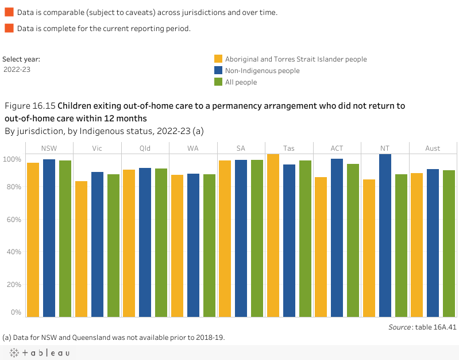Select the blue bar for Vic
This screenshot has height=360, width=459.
[x=97, y=244]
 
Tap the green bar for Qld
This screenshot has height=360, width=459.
[x=161, y=242]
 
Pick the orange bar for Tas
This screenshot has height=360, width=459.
[x=273, y=235]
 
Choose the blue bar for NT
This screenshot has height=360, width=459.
[x=385, y=235]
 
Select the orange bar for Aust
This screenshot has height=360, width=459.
[x=417, y=244]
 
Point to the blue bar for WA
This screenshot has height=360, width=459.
[x=194, y=245]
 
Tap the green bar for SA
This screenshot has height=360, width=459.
[x=257, y=238]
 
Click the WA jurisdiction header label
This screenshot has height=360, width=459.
[x=193, y=148]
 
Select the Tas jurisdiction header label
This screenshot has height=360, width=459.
[x=289, y=148]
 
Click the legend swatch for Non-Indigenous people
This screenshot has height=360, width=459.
[x=218, y=71]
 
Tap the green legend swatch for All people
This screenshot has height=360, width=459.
[x=218, y=82]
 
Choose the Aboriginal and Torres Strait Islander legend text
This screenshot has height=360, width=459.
[x=296, y=59]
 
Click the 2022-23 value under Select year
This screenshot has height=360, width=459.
[x=17, y=69]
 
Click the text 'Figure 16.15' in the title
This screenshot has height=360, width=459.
[x=30, y=106]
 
